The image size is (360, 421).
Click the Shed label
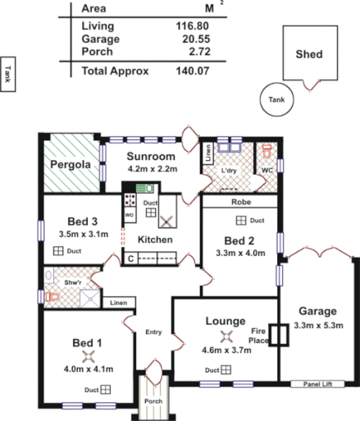(x=309, y=55)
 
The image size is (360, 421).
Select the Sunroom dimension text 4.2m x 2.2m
(x=152, y=169)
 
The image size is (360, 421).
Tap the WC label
(x=267, y=171)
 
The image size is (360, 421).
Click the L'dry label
(x=230, y=171)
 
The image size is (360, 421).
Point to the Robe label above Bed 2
(x=240, y=201)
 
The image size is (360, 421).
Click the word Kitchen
(x=155, y=240)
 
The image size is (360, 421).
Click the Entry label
(x=154, y=332)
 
